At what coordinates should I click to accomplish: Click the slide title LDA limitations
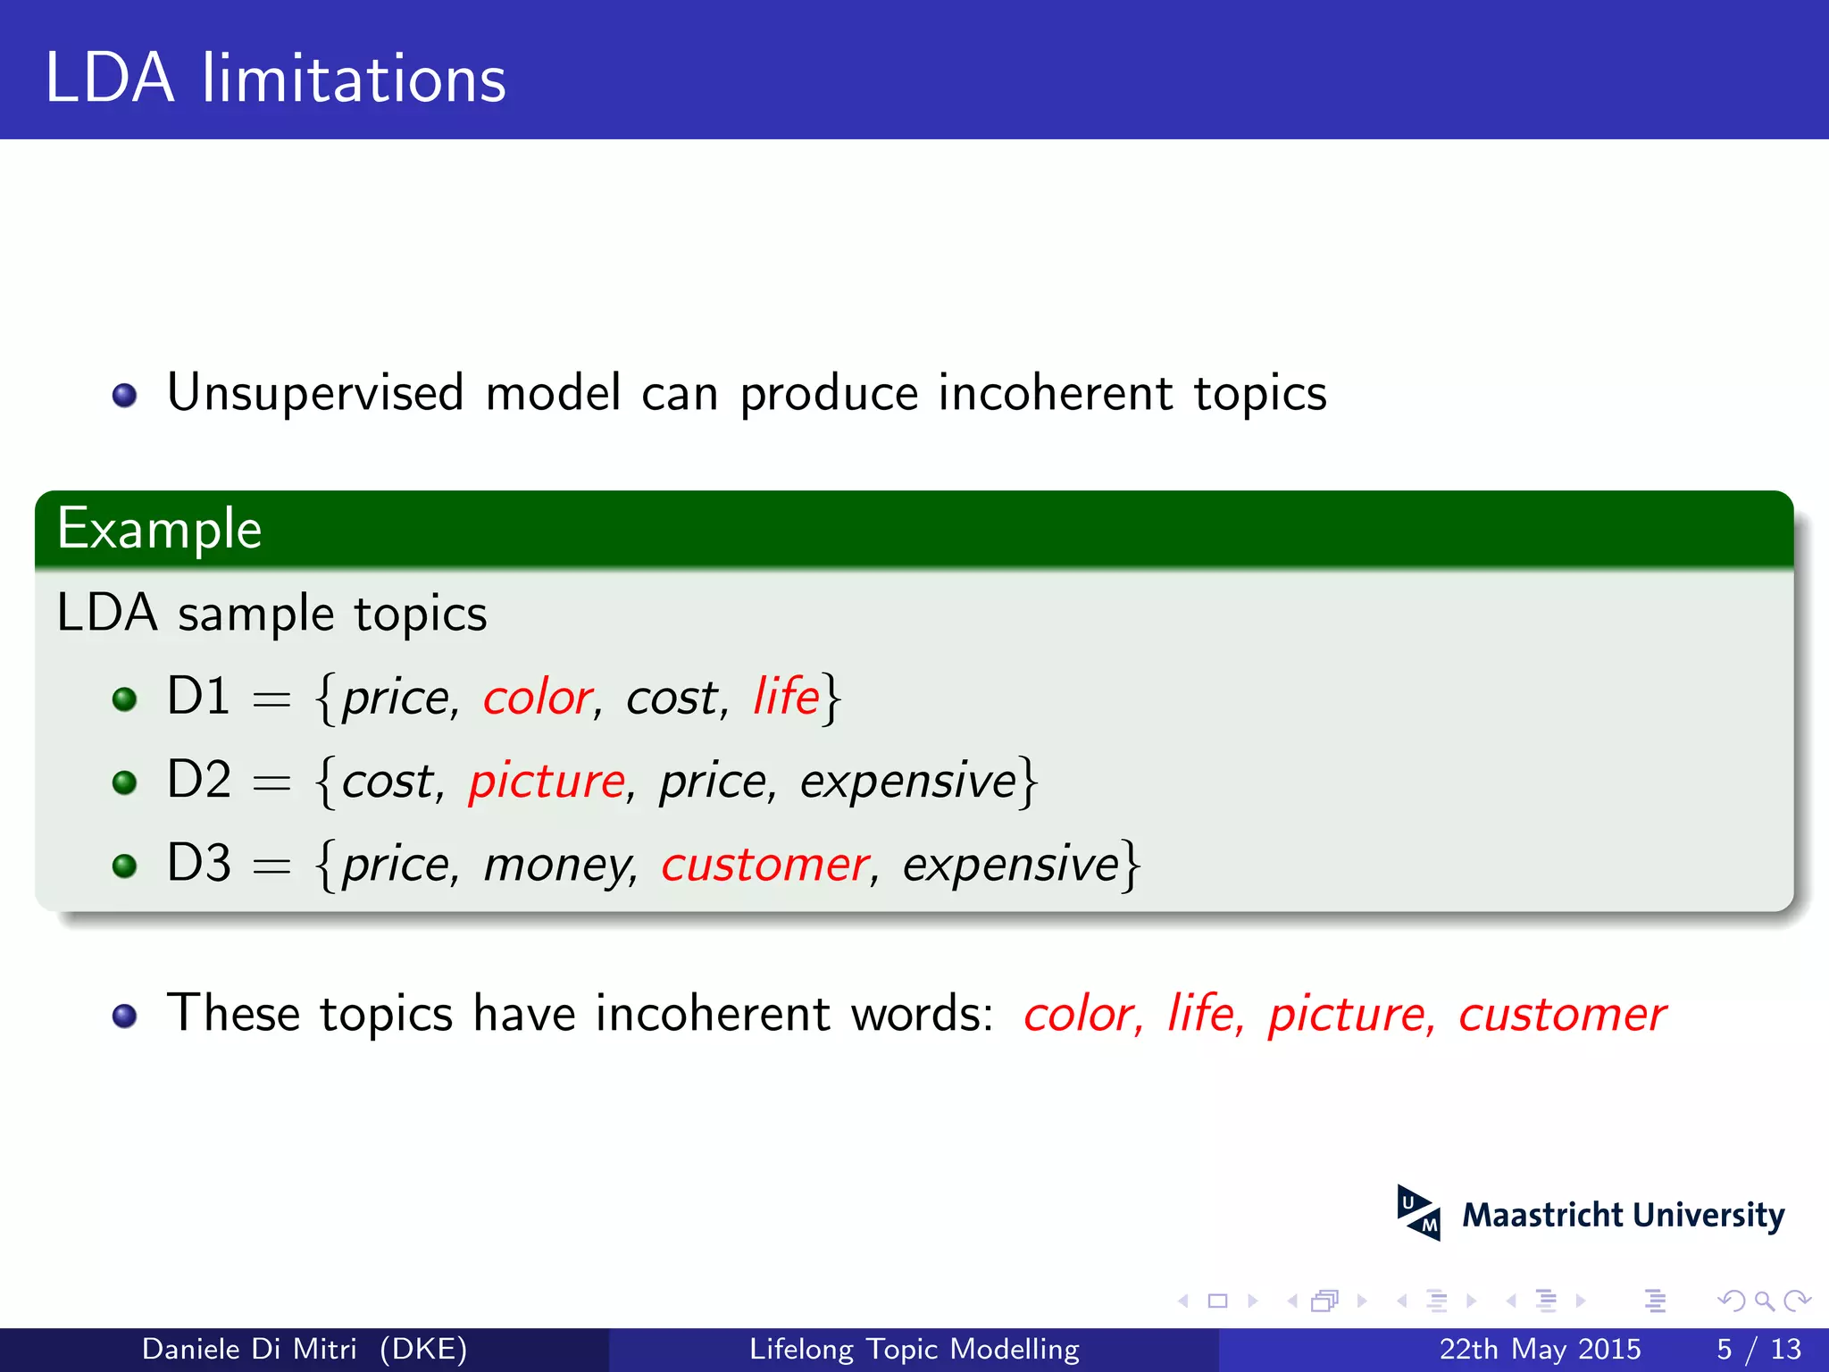pyautogui.click(x=275, y=79)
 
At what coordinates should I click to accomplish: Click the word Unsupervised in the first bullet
pyautogui.click(x=315, y=393)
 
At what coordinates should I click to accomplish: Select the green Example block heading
pyautogui.click(x=159, y=529)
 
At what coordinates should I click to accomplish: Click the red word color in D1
pyautogui.click(x=539, y=698)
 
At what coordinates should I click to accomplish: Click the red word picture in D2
pyautogui.click(x=547, y=782)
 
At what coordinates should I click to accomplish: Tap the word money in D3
pyautogui.click(x=558, y=865)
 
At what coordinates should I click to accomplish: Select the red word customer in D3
pyautogui.click(x=764, y=865)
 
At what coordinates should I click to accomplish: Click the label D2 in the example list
pyautogui.click(x=198, y=779)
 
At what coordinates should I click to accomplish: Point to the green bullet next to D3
pyautogui.click(x=124, y=866)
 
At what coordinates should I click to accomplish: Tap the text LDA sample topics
pyautogui.click(x=271, y=614)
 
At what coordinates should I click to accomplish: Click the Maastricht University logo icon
pyautogui.click(x=1418, y=1213)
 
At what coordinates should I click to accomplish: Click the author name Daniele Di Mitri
pyautogui.click(x=249, y=1349)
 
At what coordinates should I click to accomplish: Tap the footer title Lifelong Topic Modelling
pyautogui.click(x=914, y=1349)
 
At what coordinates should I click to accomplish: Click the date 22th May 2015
pyautogui.click(x=1539, y=1349)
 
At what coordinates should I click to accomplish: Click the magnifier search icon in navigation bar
pyautogui.click(x=1764, y=1301)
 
